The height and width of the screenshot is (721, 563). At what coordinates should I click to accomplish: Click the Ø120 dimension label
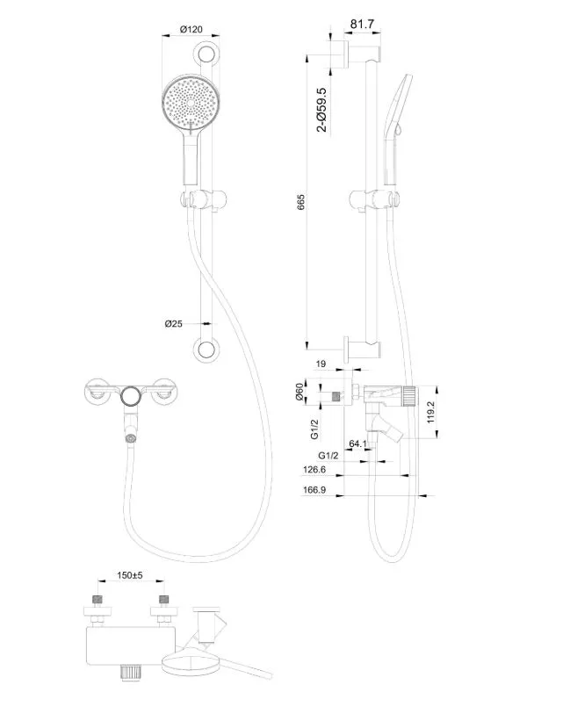click(x=191, y=29)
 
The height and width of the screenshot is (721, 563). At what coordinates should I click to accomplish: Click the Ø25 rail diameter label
click(x=174, y=324)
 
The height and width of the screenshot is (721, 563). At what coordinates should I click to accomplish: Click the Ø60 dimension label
click(x=300, y=392)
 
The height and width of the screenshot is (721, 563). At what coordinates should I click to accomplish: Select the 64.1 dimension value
click(x=357, y=444)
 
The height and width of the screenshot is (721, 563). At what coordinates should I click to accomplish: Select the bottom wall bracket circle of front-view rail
click(x=207, y=350)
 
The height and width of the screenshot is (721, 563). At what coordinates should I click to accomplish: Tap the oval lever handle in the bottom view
click(x=192, y=666)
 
